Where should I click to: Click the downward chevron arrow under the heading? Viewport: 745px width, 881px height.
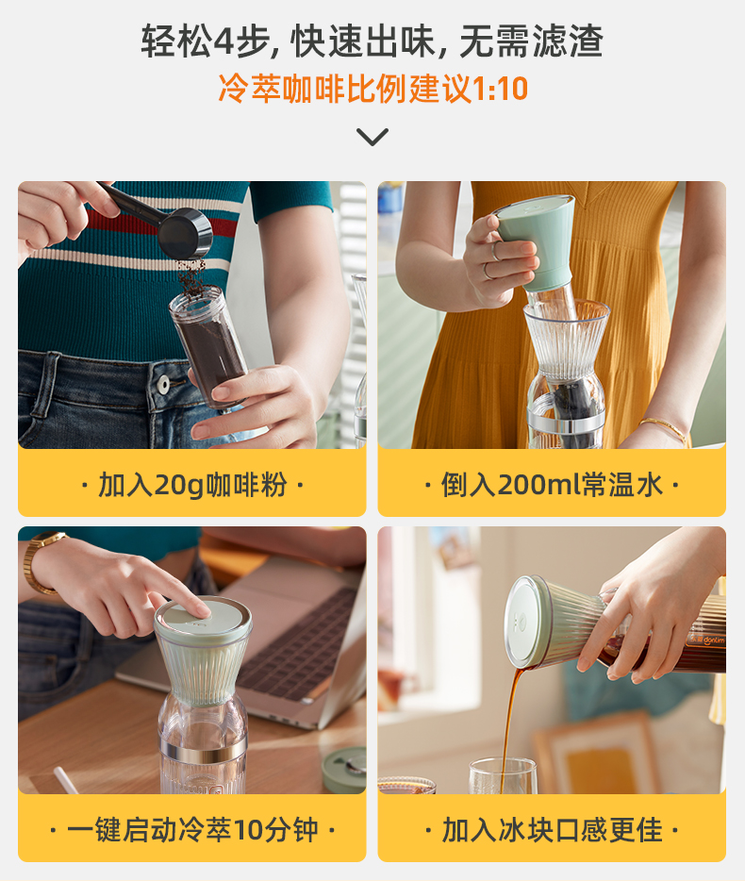(x=372, y=138)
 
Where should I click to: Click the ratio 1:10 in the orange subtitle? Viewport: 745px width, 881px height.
(x=500, y=89)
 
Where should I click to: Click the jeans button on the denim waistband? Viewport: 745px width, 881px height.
(x=163, y=384)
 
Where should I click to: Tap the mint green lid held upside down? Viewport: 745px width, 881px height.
(x=537, y=241)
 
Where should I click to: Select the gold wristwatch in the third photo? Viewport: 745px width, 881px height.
(x=40, y=562)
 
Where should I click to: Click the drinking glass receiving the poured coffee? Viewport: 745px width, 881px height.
(x=503, y=776)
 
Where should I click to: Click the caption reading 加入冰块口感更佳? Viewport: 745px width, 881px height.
(x=552, y=830)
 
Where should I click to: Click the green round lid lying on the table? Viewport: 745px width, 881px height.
(x=344, y=769)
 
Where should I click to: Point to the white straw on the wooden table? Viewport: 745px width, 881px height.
(x=66, y=780)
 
